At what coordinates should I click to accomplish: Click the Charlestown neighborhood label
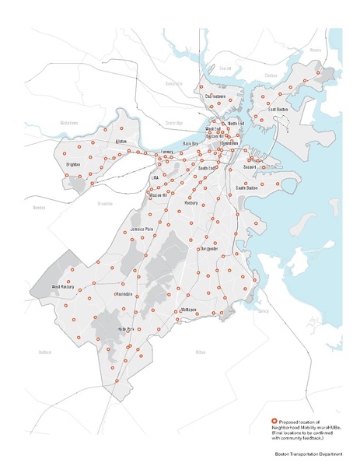click(215, 96)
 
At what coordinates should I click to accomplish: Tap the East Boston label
click(278, 110)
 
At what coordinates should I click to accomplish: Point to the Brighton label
click(73, 166)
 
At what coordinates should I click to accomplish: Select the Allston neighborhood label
click(120, 141)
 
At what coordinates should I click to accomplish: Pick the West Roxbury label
click(62, 288)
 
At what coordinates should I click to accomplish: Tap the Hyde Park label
click(126, 329)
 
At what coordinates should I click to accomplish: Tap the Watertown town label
click(69, 123)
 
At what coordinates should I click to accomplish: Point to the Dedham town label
click(45, 352)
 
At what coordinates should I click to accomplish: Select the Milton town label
click(200, 352)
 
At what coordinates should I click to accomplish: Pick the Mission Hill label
click(159, 194)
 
